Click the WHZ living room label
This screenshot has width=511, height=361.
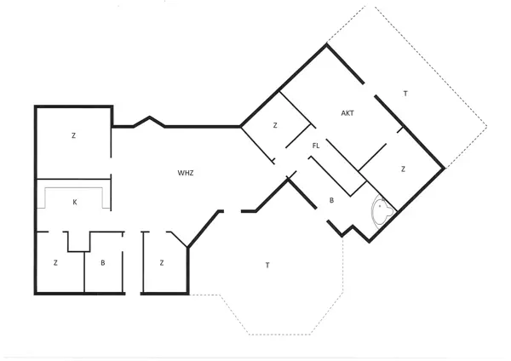pos(186,173)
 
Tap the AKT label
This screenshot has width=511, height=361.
pos(347,112)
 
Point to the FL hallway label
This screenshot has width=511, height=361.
pos(316,146)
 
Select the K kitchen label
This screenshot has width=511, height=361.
pos(75,202)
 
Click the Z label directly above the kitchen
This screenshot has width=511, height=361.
pos(73,135)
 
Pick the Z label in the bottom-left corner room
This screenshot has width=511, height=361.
pos(55,263)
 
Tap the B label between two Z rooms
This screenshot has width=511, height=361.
pos(102,263)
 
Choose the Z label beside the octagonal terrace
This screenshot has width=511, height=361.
pos(161,263)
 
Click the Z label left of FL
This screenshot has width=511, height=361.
pos(275,125)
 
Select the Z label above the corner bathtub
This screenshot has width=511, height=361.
pos(403,169)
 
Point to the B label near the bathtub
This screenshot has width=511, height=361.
pos(332,201)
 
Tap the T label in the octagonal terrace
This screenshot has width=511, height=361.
pos(267,266)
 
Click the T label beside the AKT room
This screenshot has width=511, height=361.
pos(405,93)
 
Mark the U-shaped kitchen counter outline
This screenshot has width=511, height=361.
pos(75,189)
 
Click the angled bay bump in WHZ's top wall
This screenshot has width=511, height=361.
pos(150,121)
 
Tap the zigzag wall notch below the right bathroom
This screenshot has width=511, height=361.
pos(348,229)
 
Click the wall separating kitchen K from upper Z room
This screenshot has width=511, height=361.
pos(72,180)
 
